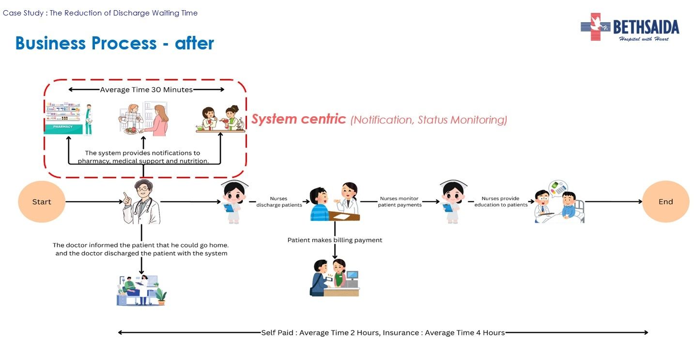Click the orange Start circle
[x=42, y=202]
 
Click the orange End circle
[x=665, y=202]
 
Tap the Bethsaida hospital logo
[x=630, y=27]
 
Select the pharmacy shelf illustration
[x=68, y=119]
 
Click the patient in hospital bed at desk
[x=141, y=290]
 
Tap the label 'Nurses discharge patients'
[x=279, y=202]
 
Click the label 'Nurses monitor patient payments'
[x=400, y=202]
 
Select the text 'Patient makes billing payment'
[x=335, y=240]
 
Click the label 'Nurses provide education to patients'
[x=501, y=202]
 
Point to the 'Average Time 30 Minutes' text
[x=146, y=90]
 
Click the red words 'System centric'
[x=298, y=119]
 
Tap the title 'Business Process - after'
[x=115, y=43]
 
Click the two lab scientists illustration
[x=220, y=119]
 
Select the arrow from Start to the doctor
[x=92, y=201]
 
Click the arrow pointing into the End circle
[x=613, y=201]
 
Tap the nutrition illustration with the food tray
[x=143, y=119]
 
